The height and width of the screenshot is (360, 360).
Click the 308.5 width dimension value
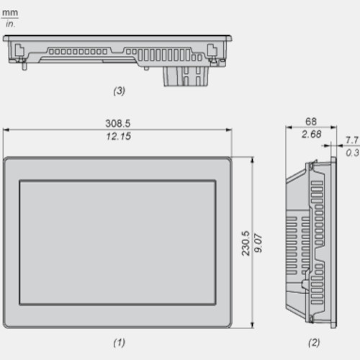point(118,123)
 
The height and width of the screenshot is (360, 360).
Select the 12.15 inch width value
point(119,136)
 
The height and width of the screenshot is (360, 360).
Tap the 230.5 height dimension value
point(246,243)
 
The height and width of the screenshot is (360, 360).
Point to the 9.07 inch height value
point(258,243)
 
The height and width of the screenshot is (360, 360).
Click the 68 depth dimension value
point(311,122)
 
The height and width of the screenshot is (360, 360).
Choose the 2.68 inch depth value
point(311,134)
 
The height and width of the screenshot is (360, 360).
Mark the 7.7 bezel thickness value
point(352,140)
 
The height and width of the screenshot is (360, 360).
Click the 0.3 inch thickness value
point(352,153)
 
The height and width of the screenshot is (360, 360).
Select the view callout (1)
point(119,343)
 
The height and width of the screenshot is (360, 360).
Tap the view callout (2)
point(314,343)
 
